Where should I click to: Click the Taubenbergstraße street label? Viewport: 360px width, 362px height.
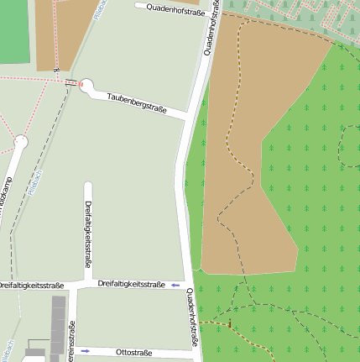pos(137,103)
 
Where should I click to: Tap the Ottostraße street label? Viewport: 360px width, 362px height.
pos(133,351)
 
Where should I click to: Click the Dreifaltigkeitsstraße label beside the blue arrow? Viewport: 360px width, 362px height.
pos(131,285)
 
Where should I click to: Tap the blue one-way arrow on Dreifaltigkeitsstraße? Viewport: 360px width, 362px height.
pos(175,286)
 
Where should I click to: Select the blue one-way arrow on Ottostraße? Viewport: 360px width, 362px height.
pos(85,349)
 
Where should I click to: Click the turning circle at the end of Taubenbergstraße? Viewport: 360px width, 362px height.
pos(86,86)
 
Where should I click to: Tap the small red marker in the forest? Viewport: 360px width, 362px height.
pos(229,323)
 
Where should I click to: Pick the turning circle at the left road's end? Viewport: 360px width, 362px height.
pos(20,142)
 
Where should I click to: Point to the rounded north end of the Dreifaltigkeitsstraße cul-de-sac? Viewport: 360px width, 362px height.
pos(88,185)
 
